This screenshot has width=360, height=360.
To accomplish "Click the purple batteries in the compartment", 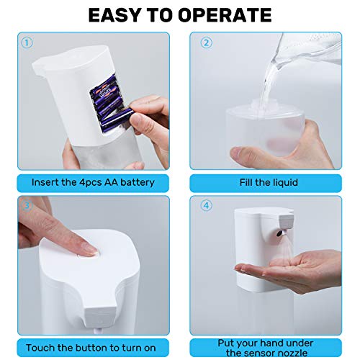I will point(109,104).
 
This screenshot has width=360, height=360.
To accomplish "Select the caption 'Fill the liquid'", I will point(269,182).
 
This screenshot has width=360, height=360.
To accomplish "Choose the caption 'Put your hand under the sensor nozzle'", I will point(269,347).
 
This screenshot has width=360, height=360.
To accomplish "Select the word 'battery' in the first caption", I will point(137,182).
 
